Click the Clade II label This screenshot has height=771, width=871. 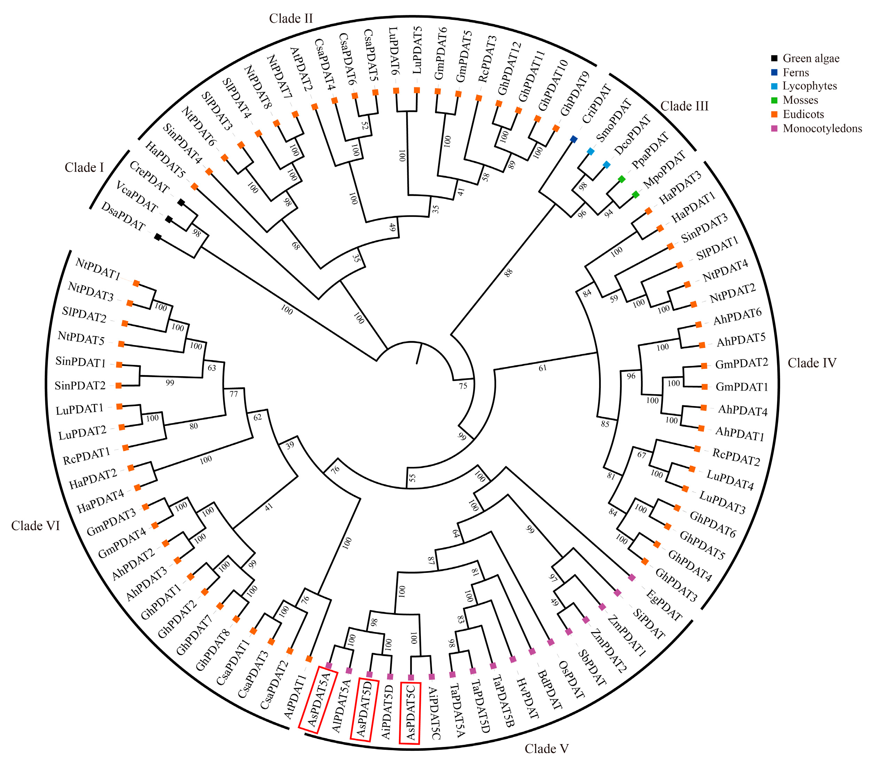291,19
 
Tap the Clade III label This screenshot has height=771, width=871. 684,106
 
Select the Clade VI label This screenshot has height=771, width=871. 36,526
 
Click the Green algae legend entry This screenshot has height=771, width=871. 810,59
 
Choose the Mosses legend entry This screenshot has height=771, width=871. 800,100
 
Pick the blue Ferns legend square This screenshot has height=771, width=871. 774,72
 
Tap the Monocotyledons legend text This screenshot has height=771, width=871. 822,128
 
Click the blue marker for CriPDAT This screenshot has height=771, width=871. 574,139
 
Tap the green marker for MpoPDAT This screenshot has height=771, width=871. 635,195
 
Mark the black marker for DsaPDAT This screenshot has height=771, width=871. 158,237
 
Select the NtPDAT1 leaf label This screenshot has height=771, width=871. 97,269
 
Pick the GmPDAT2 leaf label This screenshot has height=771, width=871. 741,364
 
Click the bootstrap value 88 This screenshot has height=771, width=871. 508,273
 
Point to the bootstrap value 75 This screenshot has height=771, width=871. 463,386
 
